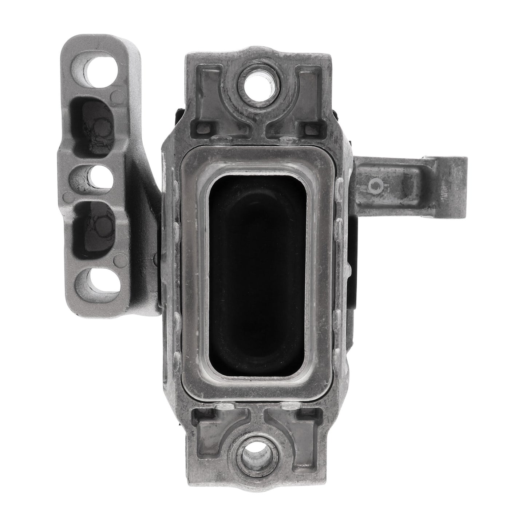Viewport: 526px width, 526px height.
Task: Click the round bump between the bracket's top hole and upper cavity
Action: (115, 96)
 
